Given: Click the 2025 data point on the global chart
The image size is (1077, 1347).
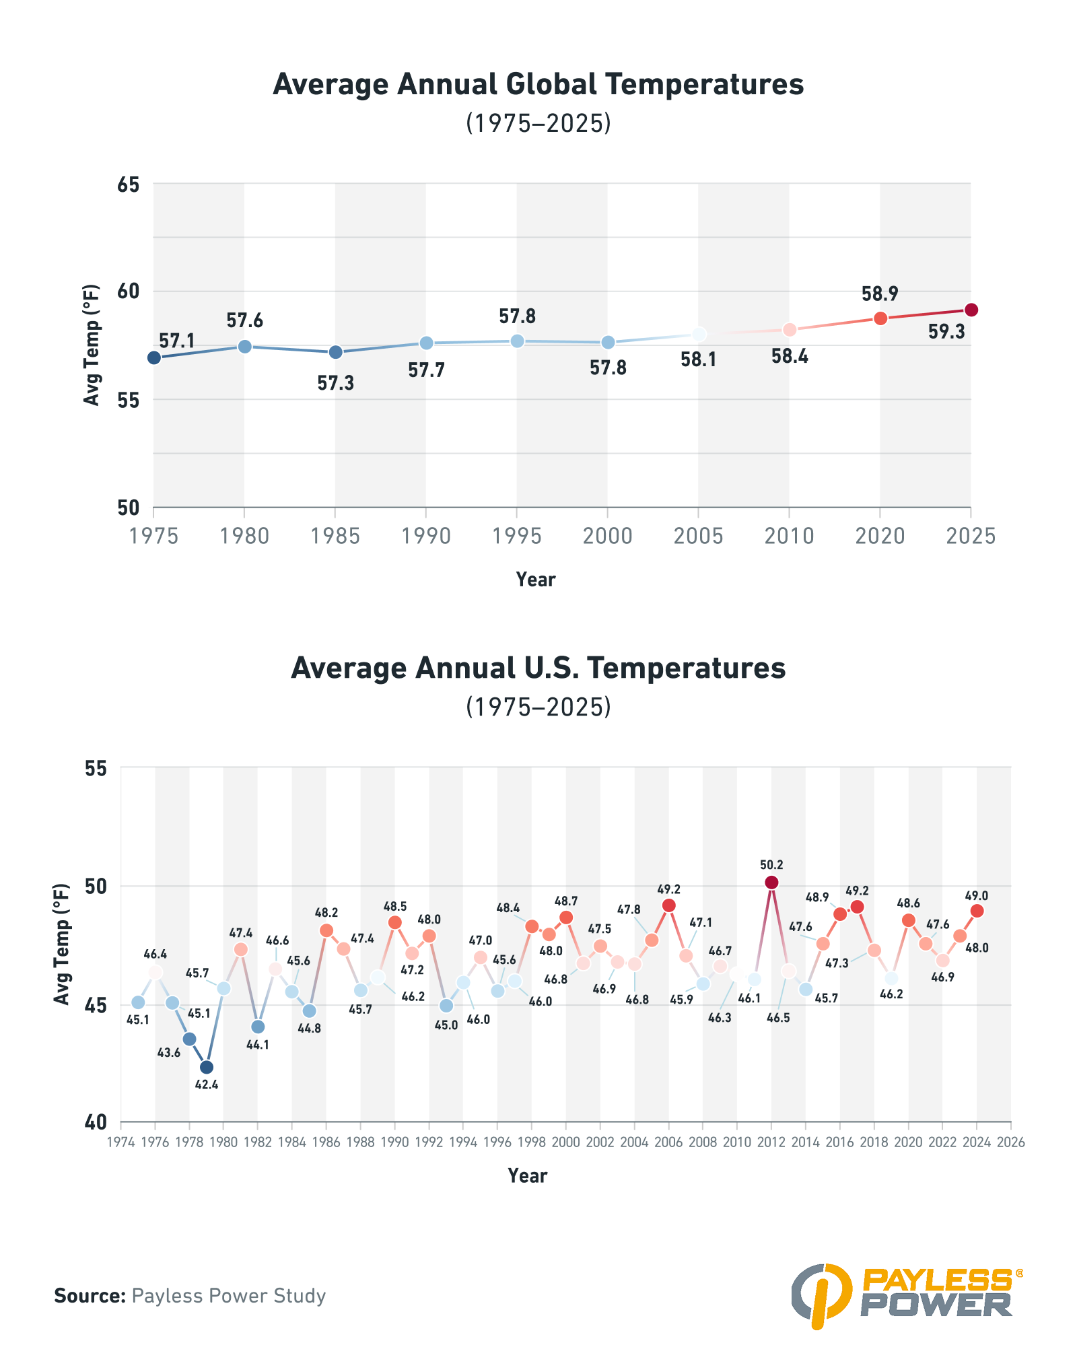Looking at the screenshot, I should coord(971,310).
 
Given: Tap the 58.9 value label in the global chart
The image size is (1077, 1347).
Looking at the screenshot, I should coord(880,294).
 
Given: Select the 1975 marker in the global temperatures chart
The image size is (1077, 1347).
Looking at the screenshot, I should coord(154,357).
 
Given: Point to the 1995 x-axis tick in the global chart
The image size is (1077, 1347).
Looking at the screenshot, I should coord(517,536).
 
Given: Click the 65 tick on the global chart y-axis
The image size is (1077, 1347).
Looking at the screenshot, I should coord(128,184).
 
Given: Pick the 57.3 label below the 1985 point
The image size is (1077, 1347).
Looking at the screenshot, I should coord(335,384).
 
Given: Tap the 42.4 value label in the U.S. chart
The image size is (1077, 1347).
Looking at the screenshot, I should coord(207,1084).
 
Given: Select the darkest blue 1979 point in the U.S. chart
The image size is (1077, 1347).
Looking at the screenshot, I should coord(207,1067).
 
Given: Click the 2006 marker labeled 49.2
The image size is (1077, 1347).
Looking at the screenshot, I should coord(668,905).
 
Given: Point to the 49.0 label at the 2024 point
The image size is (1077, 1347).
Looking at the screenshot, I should coord(977,896).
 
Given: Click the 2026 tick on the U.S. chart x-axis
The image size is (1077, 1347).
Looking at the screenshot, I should coord(1011,1142).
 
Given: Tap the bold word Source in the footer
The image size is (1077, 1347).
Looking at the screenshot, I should coord(90,1296).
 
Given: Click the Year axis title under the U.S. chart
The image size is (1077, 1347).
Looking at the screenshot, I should coord(527,1175).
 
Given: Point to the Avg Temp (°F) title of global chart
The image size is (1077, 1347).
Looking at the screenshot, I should coord(92,345).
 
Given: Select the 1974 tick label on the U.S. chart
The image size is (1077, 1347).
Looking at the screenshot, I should coord(120,1142).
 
